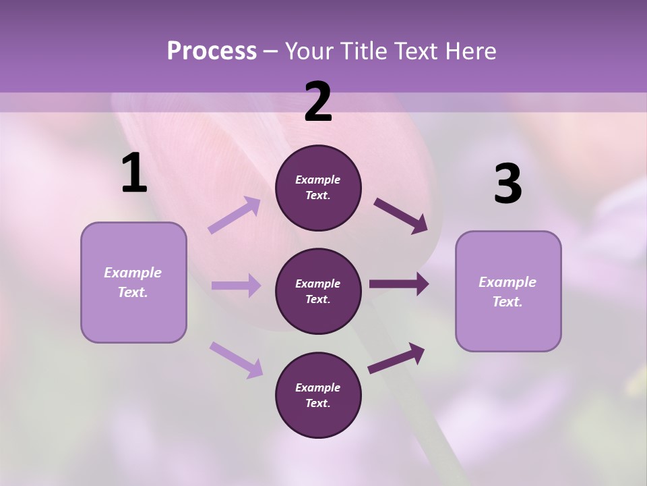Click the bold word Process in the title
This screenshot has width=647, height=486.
(x=212, y=51)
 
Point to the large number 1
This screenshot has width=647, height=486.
(x=134, y=173)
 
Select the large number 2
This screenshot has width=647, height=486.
(x=318, y=102)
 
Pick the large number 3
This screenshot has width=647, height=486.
(x=507, y=184)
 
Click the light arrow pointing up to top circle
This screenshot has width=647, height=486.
(x=235, y=215)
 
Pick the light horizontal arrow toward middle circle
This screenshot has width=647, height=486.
(x=236, y=286)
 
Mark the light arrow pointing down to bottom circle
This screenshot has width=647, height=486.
(x=236, y=359)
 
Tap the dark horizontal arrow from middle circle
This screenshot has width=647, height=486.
(x=399, y=284)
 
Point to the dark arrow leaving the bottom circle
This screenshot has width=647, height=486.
(x=396, y=358)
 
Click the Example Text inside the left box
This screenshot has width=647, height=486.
(x=133, y=282)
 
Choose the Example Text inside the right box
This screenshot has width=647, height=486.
(x=507, y=292)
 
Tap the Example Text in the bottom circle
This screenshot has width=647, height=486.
(x=318, y=395)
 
